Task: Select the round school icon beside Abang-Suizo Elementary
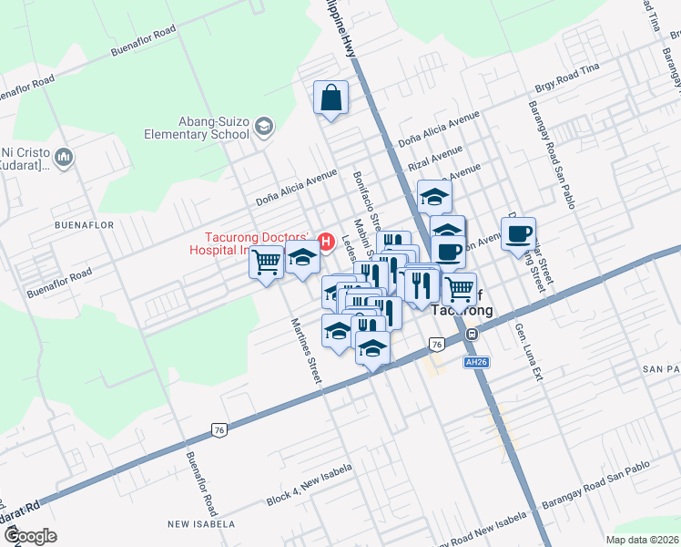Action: click(265, 125)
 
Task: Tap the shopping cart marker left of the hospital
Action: click(267, 263)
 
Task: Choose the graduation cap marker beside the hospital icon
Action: click(302, 258)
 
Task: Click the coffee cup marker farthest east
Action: click(518, 234)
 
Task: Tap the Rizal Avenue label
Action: click(431, 165)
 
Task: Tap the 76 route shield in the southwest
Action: click(219, 428)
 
